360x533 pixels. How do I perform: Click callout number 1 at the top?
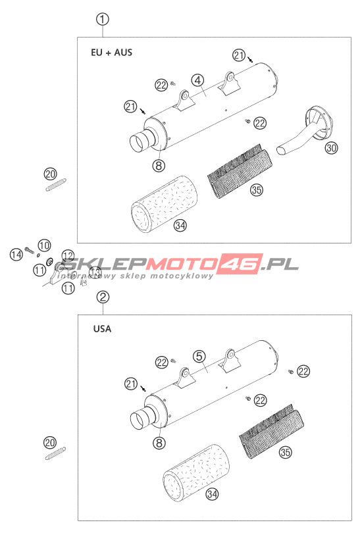pyautogui.click(x=102, y=19)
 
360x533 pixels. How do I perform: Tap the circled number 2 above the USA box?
pyautogui.click(x=103, y=297)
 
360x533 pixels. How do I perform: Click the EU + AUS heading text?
pyautogui.click(x=111, y=53)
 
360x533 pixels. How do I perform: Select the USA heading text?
pyautogui.click(x=102, y=329)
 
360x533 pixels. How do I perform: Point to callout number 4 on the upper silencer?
pyautogui.click(x=197, y=80)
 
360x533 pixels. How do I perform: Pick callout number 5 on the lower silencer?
pyautogui.click(x=199, y=356)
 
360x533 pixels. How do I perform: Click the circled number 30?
pyautogui.click(x=332, y=148)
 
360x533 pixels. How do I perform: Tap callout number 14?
pyautogui.click(x=16, y=254)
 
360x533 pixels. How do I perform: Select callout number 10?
pyautogui.click(x=44, y=245)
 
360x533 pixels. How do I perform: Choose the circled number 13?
pyautogui.click(x=95, y=272)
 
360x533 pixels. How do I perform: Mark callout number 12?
pyautogui.click(x=68, y=255)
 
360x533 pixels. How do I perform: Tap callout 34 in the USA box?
pyautogui.click(x=212, y=494)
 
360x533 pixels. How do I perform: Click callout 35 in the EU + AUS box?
pyautogui.click(x=257, y=190)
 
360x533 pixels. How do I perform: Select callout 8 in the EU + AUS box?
pyautogui.click(x=159, y=166)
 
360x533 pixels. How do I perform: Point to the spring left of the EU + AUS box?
pyautogui.click(x=56, y=185)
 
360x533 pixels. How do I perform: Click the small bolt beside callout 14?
pyautogui.click(x=30, y=251)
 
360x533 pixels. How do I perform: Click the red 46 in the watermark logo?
pyautogui.click(x=241, y=264)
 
